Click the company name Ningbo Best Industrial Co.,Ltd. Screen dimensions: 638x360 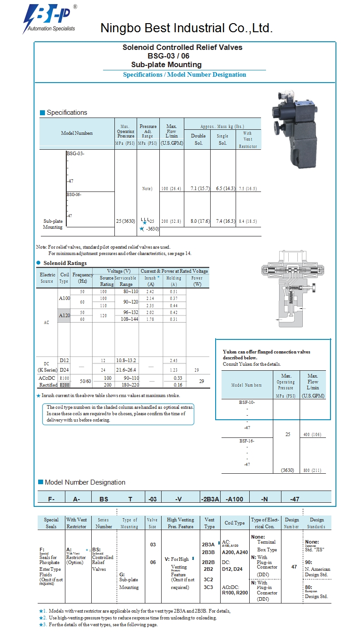(186, 29)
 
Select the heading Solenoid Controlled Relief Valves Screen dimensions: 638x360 (182, 47)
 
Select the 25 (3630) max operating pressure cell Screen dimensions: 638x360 (125, 221)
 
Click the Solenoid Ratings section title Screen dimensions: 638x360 (64, 263)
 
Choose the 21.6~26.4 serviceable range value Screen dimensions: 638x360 (126, 370)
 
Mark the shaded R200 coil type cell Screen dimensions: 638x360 (64, 385)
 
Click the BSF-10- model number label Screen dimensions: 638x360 (247, 402)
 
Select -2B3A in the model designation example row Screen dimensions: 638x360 (210, 499)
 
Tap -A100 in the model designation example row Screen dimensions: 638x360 (234, 499)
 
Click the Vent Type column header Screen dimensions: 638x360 (210, 523)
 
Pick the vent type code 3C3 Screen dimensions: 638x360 (208, 587)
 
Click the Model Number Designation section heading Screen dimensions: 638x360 (85, 482)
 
